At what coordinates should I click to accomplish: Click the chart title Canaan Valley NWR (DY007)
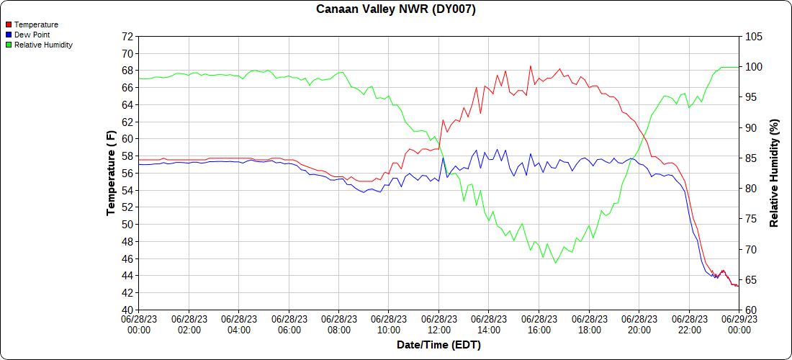396,9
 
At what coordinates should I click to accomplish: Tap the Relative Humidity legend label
43,45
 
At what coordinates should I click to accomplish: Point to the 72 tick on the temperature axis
127,36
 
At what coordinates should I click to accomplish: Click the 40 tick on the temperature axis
127,310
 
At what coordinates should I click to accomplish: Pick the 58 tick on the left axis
127,156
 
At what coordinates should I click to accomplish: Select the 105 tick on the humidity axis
753,36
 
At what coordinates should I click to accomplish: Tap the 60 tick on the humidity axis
750,310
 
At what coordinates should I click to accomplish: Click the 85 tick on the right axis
750,158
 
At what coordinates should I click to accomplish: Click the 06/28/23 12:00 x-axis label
439,324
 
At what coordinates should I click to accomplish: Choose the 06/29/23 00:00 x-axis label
739,324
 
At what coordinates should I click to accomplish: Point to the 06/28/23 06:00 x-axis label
289,324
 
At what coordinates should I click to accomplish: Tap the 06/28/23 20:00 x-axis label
639,324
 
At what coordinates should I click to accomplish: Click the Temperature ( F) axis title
111,173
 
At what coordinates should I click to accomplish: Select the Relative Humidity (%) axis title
775,173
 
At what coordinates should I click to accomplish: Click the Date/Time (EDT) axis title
438,345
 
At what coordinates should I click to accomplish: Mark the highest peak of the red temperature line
531,66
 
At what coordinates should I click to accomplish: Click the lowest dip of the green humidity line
556,263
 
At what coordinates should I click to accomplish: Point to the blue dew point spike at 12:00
443,157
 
